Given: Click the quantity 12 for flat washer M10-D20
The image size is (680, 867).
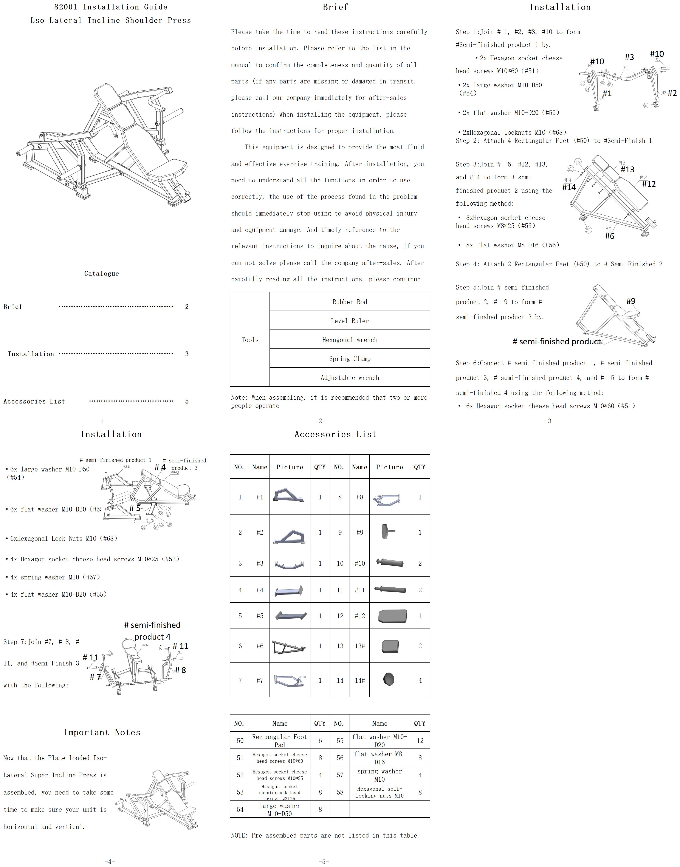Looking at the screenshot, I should (420, 741).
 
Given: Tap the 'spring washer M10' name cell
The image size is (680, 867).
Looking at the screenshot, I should (379, 775).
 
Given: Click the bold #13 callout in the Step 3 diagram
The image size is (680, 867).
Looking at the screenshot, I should (627, 169).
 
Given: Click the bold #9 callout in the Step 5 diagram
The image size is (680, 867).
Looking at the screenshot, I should (631, 301).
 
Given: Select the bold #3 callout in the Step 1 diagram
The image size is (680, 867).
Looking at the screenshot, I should (629, 57).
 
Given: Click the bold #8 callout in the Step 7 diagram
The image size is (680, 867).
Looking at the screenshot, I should (180, 670).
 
